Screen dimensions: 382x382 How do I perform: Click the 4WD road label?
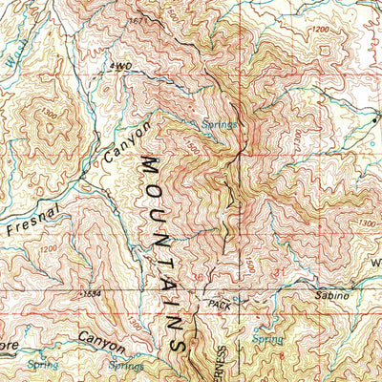[118, 66]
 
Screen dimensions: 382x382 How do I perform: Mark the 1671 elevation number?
[142, 19]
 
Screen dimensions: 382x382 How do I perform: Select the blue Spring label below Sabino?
[267, 338]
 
